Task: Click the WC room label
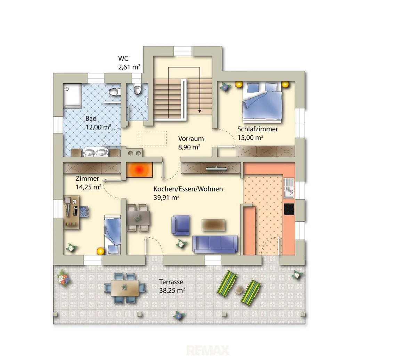123,58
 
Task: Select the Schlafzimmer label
257,129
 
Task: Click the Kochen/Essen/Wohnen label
188,189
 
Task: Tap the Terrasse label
171,282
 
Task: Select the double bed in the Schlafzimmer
262,102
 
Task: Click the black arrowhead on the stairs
200,111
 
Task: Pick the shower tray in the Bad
72,95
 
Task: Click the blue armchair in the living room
181,225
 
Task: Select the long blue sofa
215,244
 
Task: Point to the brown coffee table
213,225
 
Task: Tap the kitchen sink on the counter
289,188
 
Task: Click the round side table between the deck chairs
239,290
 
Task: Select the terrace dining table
125,288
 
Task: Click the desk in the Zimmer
71,212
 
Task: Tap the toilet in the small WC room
137,89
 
